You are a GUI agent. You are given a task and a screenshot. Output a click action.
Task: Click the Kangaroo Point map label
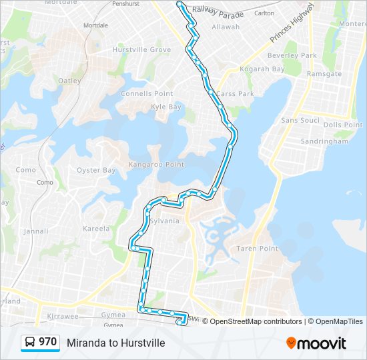pyautogui.click(x=156, y=164)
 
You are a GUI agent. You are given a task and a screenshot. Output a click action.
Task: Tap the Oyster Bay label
pyautogui.click(x=97, y=170)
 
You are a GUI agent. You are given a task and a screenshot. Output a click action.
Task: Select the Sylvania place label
pyautogui.click(x=164, y=221)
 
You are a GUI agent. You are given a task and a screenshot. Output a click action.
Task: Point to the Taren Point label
pyautogui.click(x=257, y=248)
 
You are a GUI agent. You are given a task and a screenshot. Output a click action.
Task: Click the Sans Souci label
pyautogui.click(x=300, y=120)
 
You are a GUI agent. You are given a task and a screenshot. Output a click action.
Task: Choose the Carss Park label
pyautogui.click(x=235, y=94)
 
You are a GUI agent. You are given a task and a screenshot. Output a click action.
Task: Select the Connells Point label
pyautogui.click(x=147, y=94)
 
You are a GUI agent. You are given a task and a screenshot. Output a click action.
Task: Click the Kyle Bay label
pyautogui.click(x=166, y=107)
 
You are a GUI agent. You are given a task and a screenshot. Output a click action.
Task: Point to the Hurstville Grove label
pyautogui.click(x=142, y=50)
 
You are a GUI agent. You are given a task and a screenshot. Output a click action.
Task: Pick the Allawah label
pyautogui.click(x=225, y=27)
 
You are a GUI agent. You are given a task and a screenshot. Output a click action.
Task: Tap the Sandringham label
pyautogui.click(x=324, y=141)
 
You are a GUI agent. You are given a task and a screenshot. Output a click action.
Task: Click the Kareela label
pyautogui.click(x=96, y=229)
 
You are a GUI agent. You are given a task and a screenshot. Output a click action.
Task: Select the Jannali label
pyautogui.click(x=35, y=231)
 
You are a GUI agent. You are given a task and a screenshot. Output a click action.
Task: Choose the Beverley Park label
pyautogui.click(x=292, y=56)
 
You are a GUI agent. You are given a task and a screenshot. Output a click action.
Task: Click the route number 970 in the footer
pyautogui.click(x=47, y=342)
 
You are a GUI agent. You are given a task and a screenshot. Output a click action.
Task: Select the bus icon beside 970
pyautogui.click(x=30, y=343)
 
